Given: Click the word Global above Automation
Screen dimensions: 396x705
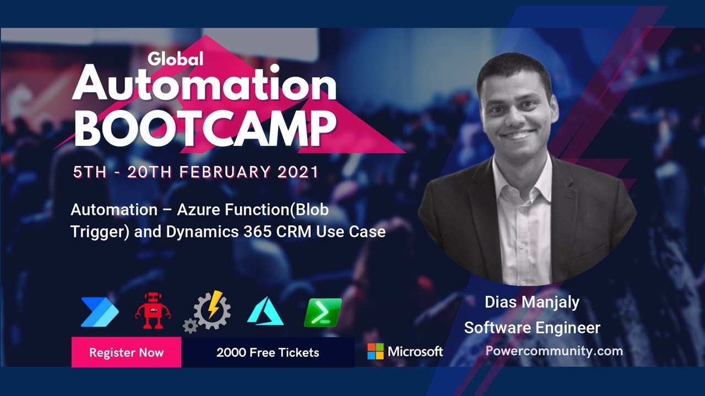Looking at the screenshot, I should (x=176, y=58).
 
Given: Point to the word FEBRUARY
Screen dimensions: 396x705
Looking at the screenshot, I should (x=224, y=172).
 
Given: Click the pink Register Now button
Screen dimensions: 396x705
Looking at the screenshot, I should (x=126, y=352).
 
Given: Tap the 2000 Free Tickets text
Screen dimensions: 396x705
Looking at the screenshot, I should (x=268, y=353).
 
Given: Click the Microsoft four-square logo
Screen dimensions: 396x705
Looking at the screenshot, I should (x=376, y=351).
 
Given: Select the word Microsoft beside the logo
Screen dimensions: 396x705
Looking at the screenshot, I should (x=415, y=351).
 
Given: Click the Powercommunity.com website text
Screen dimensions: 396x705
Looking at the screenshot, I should (x=554, y=351).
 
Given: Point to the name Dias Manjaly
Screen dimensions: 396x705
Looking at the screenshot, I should (x=532, y=302).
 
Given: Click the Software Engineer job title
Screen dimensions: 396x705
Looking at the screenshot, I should (x=532, y=328).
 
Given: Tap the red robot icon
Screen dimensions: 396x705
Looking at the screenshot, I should (x=153, y=311).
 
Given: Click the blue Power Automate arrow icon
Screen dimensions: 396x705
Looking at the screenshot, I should (x=99, y=312).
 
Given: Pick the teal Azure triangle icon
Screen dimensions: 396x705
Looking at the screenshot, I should (x=265, y=312).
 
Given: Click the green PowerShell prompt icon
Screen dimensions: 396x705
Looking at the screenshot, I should (x=323, y=312).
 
